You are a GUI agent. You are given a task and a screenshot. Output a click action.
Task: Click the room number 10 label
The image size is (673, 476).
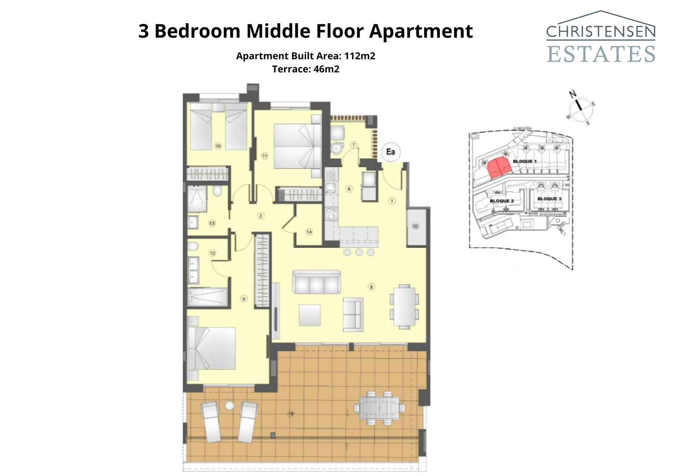[x=218, y=146]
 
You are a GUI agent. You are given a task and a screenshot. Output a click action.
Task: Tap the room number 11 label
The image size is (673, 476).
[x=265, y=156]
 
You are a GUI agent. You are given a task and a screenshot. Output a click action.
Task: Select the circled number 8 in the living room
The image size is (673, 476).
[x=371, y=287]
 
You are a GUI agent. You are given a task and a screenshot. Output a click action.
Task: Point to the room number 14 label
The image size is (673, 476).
[x=309, y=231]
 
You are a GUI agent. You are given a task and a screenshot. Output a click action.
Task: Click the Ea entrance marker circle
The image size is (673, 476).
[x=391, y=152]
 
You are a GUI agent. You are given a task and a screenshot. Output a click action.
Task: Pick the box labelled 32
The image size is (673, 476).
[x=416, y=226]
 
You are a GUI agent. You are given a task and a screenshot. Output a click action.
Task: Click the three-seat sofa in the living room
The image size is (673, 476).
[x=317, y=282]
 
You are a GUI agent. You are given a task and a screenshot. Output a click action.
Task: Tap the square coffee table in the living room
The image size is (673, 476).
[x=310, y=315]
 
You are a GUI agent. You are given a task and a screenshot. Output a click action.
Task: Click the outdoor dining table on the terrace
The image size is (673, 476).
[x=379, y=407]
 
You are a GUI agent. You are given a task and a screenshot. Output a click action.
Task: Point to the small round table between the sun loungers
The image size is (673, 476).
[x=229, y=406]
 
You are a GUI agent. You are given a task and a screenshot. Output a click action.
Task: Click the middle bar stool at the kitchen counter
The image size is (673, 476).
[x=359, y=252]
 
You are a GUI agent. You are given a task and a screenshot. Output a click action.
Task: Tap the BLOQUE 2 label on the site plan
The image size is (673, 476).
[x=501, y=201]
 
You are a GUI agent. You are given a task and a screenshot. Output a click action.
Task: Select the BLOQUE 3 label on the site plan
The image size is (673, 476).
[x=549, y=199]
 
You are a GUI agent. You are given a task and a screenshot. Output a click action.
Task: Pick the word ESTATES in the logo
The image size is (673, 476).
[x=601, y=54]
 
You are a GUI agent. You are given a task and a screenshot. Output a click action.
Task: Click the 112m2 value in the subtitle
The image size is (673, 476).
[x=360, y=56]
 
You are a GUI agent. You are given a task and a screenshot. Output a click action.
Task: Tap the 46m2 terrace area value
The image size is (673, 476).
[x=326, y=69]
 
